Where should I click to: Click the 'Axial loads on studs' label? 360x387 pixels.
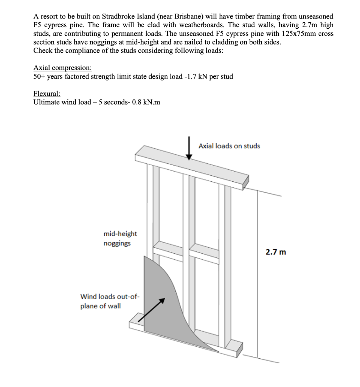coord(229,146)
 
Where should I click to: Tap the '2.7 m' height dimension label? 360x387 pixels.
coord(276,252)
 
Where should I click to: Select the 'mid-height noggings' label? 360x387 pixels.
coord(120,238)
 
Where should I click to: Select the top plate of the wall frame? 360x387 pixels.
coord(193,166)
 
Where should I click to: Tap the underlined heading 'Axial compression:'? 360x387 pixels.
coord(62,68)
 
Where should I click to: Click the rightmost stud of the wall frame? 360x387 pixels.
coord(228,265)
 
